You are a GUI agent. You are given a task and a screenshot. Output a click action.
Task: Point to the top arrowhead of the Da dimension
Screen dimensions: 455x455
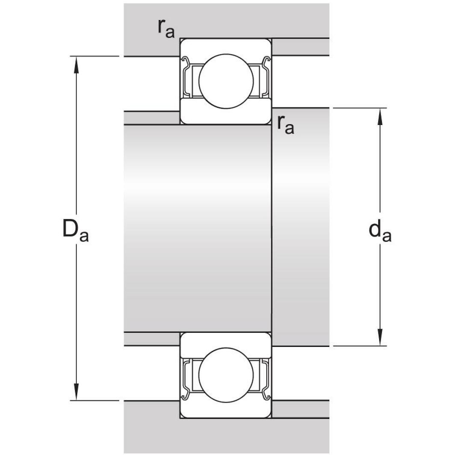[x=77, y=64]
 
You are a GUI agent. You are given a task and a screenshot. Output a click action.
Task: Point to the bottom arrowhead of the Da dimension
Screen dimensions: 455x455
[x=77, y=392]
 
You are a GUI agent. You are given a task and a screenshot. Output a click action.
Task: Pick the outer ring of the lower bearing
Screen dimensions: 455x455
[x=226, y=410]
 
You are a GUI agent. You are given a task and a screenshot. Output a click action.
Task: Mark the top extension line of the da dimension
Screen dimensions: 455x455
[x=359, y=108]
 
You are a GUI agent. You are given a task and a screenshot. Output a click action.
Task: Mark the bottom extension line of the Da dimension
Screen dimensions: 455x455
[x=94, y=401]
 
